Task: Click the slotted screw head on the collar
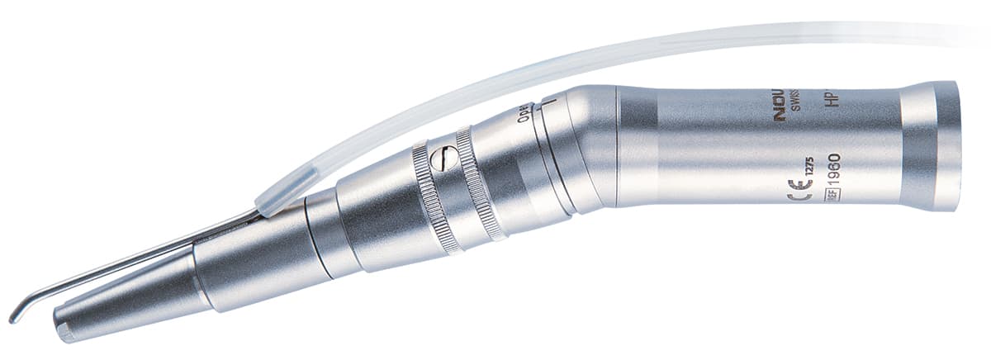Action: (x=443, y=159)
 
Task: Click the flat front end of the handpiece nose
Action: (x=62, y=329)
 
